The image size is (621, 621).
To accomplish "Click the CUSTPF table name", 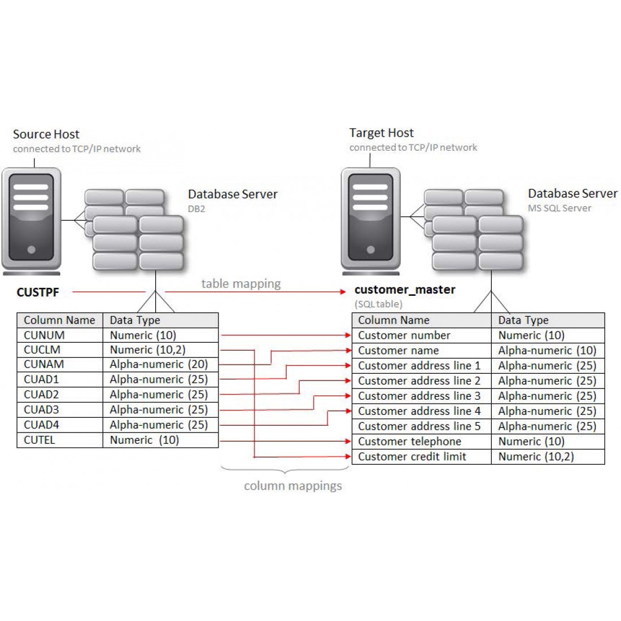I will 38,292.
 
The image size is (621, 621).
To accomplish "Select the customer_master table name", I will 405,290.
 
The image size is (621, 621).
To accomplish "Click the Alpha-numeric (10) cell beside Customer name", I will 547,351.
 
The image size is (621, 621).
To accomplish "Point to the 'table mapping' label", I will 241,283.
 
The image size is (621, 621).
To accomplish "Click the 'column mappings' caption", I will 292,486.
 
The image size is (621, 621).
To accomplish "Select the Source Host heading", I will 46,134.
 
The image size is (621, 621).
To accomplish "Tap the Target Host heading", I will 382,133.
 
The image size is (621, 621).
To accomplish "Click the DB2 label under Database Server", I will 196,209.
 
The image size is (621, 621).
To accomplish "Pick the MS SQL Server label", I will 559,208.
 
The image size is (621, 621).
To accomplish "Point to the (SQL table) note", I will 378,304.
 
